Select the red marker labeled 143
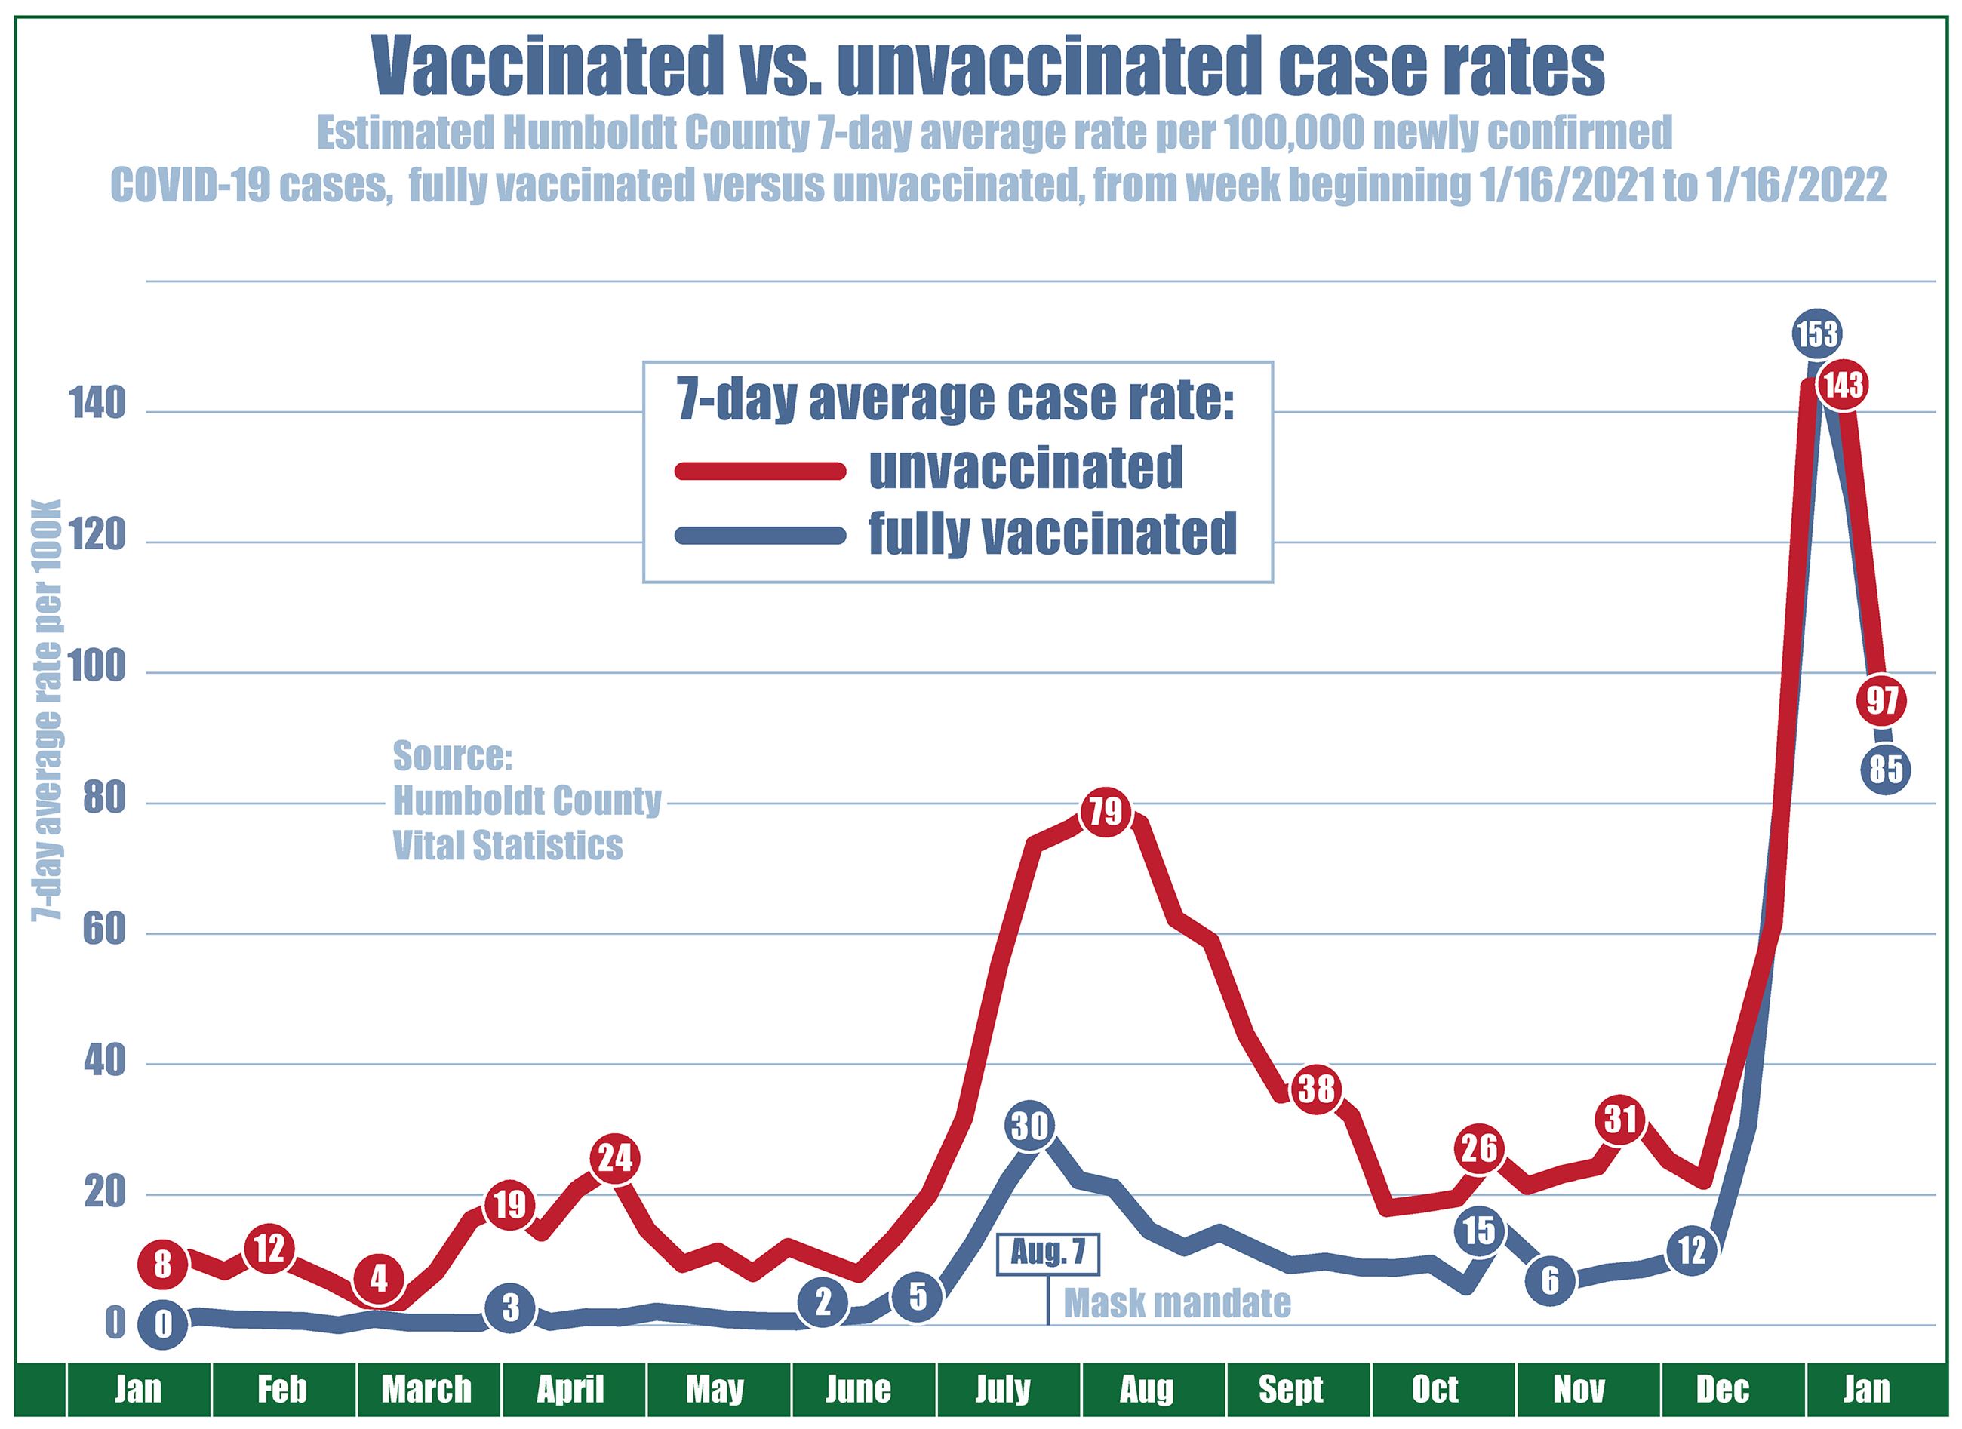coord(1844,384)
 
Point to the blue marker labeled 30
coord(1030,1126)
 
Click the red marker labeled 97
coord(1881,700)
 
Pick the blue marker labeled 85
coord(1887,768)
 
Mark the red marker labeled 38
coord(1317,1088)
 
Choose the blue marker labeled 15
coord(1479,1229)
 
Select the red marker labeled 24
coord(615,1157)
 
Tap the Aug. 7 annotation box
coord(1048,1253)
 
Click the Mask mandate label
coord(1176,1303)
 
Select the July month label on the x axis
coord(1004,1389)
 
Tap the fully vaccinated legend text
coord(1053,533)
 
